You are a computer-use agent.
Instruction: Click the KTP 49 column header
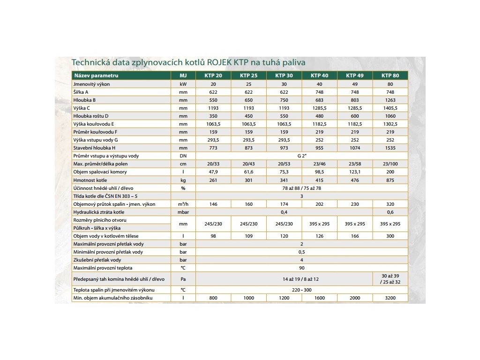(355, 75)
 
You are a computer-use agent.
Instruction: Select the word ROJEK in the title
(219, 62)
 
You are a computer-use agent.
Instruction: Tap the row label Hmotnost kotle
(90, 180)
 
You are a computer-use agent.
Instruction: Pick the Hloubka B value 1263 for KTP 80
(390, 100)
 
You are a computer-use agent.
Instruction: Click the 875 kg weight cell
(390, 180)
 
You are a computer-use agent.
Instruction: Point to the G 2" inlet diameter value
(302, 156)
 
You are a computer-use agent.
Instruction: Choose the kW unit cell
(183, 84)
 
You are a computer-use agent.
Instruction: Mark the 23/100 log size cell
(390, 164)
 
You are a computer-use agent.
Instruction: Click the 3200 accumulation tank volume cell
(390, 298)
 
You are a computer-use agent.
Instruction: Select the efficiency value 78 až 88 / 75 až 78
(302, 188)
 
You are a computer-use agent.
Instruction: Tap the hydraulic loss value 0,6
(390, 212)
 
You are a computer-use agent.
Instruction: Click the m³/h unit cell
(183, 204)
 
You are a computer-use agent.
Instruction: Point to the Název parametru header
(96, 75)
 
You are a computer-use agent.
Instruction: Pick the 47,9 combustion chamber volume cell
(213, 172)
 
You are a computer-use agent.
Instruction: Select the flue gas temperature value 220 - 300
(302, 290)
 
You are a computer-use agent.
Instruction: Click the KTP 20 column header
(213, 75)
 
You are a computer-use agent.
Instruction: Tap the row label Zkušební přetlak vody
(97, 260)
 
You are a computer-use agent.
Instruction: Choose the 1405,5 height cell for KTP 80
(390, 108)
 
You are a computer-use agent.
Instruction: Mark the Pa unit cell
(183, 279)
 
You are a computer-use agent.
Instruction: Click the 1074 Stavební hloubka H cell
(355, 148)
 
